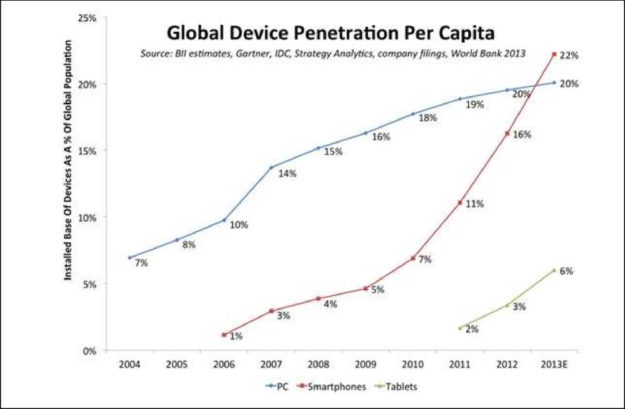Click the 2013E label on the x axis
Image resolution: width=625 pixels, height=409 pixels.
click(x=554, y=364)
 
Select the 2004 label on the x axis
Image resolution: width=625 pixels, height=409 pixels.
click(x=129, y=364)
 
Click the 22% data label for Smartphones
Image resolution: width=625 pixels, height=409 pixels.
click(x=568, y=56)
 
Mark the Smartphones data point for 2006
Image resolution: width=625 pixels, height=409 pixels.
click(x=224, y=335)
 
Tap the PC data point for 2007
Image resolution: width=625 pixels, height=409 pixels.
click(x=271, y=167)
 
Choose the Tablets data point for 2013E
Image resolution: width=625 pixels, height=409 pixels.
click(x=554, y=270)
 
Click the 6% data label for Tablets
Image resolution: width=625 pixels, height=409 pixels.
click(x=567, y=271)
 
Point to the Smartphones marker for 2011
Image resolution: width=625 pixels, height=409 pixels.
click(x=460, y=203)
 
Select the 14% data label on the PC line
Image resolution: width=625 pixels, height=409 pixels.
click(x=287, y=174)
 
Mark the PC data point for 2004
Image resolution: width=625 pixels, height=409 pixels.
click(x=129, y=257)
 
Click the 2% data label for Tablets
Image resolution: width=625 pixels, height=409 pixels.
click(x=472, y=329)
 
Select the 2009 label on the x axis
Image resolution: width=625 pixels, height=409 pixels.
click(x=365, y=364)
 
